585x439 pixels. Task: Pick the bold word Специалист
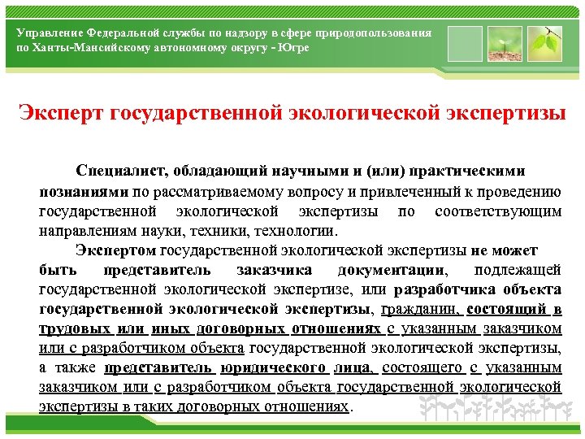pos(121,172)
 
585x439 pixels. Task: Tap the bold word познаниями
pos(84,192)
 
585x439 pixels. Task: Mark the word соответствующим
pos(498,211)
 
